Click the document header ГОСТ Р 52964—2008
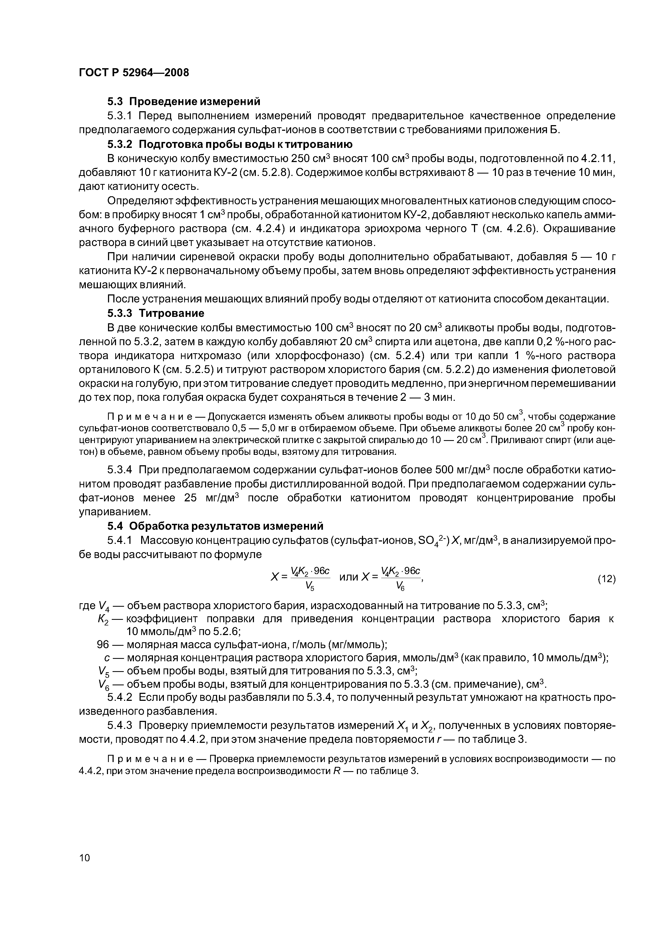click(x=134, y=73)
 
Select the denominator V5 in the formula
click(x=310, y=586)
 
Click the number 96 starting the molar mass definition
click(x=103, y=645)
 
